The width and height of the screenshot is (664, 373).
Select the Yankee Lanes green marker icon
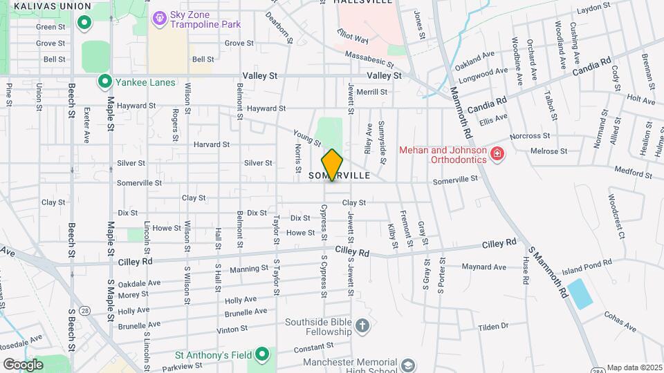click(105, 82)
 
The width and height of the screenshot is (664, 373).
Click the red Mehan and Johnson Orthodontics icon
click(496, 153)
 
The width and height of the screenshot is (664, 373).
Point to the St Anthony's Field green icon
click(262, 355)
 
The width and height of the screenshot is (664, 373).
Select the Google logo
click(23, 365)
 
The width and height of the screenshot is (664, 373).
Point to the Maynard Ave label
click(484, 267)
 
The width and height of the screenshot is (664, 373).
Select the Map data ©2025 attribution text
click(634, 367)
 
